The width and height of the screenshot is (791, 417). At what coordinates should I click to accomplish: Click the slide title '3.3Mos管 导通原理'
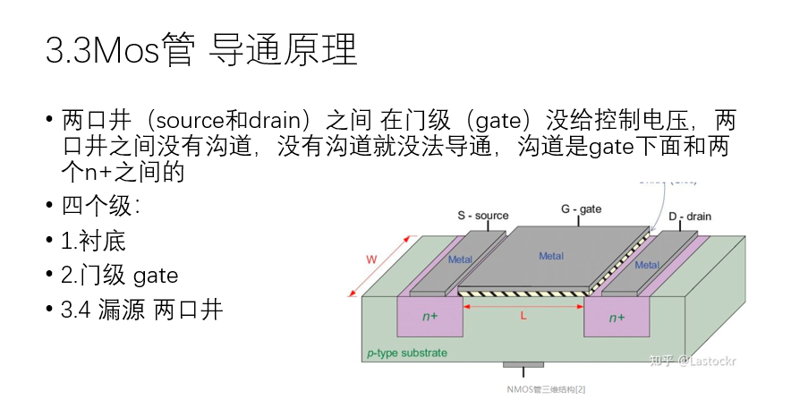[201, 51]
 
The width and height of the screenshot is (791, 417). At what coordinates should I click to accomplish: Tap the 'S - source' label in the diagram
[482, 216]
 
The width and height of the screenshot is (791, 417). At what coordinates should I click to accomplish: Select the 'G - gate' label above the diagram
[581, 208]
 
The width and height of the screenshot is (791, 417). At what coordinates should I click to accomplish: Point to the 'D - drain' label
[690, 217]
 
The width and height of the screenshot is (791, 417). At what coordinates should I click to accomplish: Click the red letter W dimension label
[372, 260]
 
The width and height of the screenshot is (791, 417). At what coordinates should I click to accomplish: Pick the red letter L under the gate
[523, 316]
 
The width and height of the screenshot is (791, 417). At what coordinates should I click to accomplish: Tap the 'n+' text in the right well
[617, 318]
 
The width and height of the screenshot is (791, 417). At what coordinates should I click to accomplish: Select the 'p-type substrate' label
[406, 353]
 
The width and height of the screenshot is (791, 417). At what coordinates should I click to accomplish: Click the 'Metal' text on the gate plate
[551, 256]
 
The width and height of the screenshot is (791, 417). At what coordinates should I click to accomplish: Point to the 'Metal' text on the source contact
[460, 260]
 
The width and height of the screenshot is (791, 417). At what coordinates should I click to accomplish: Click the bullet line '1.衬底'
[93, 241]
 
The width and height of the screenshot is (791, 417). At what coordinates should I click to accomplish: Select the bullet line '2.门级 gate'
[119, 275]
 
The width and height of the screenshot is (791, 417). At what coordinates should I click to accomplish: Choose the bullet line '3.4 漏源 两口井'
[141, 310]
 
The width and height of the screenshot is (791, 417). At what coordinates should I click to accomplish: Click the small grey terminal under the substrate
[523, 365]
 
